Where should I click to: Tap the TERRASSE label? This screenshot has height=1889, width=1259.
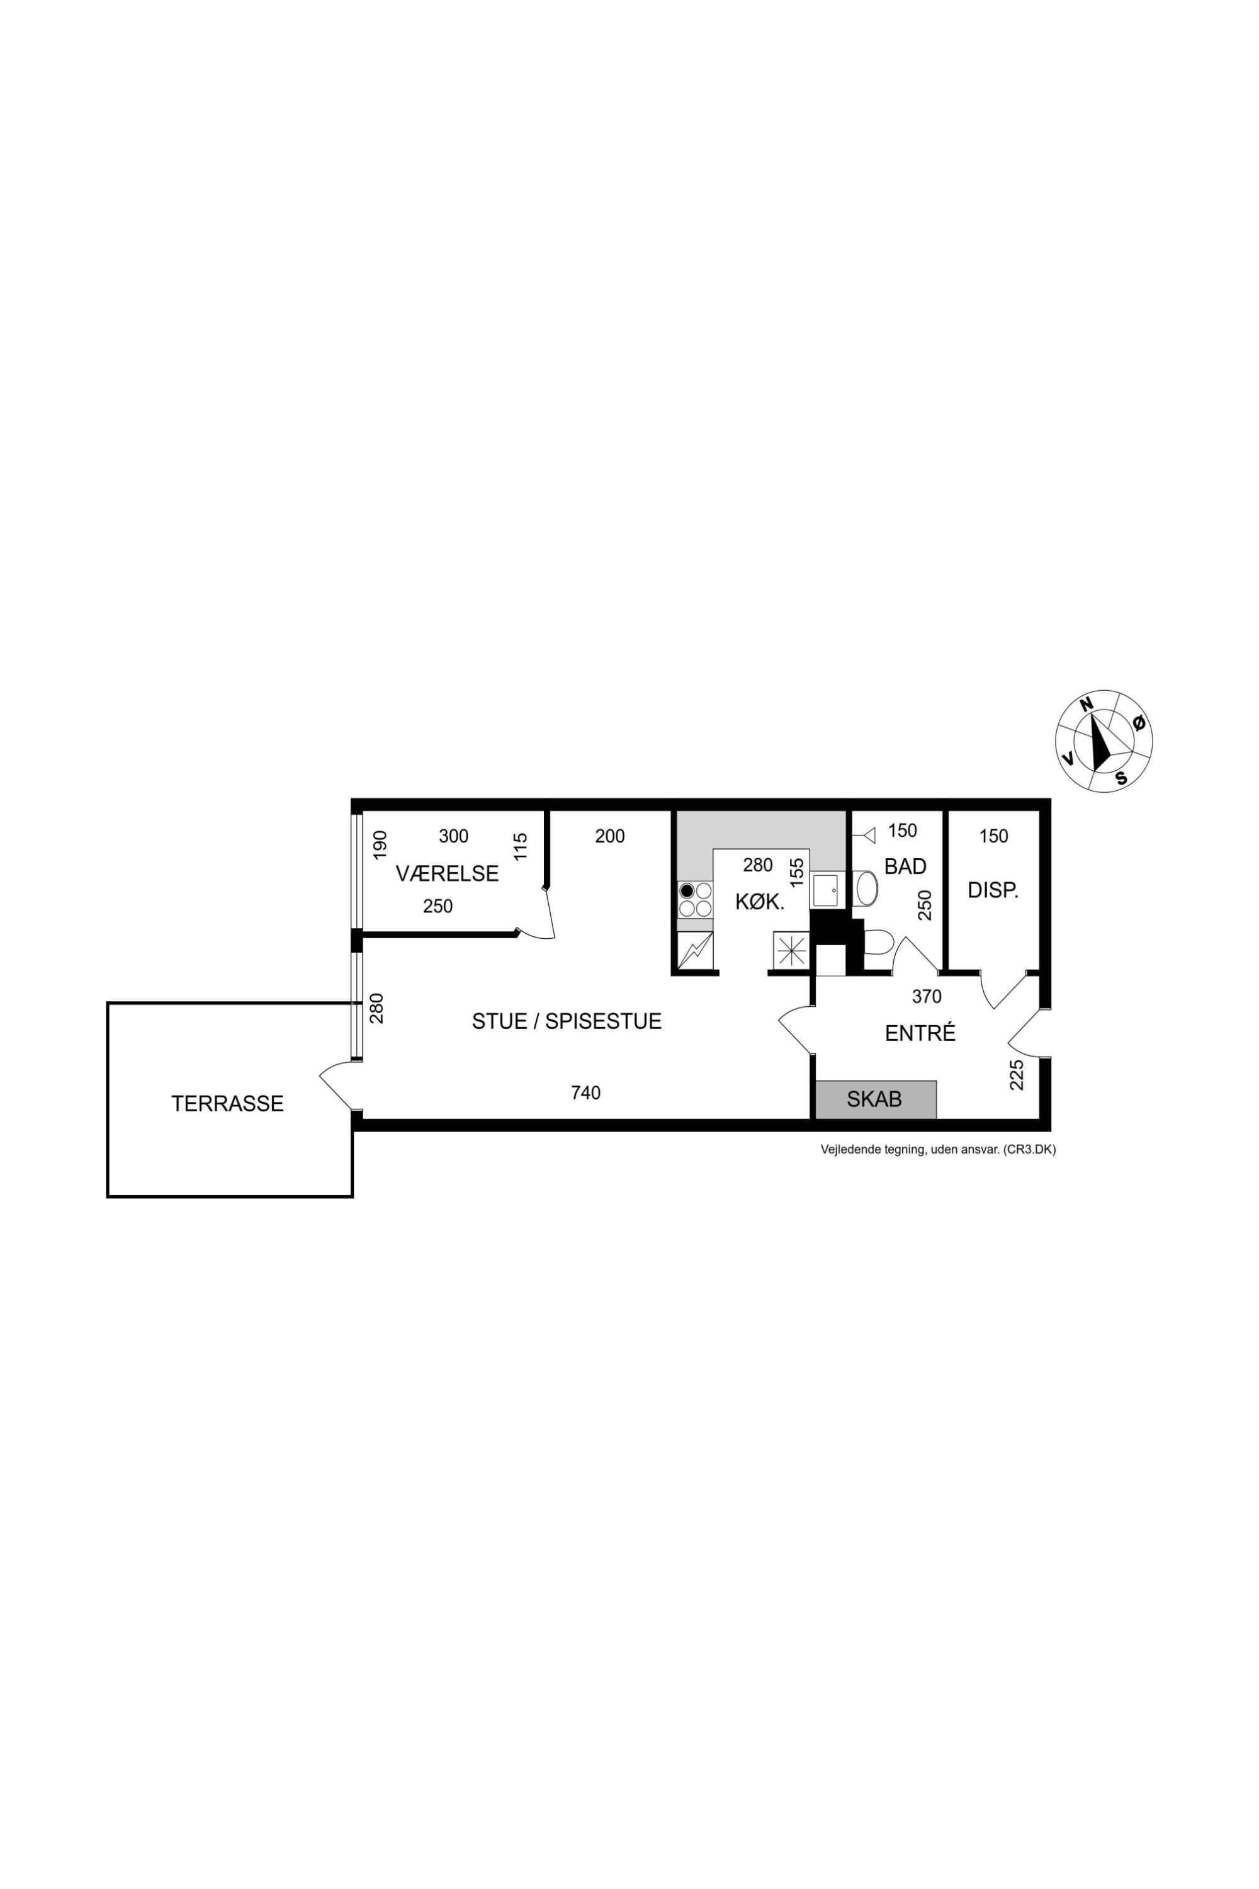pyautogui.click(x=227, y=1104)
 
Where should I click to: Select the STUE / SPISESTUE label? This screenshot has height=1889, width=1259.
pyautogui.click(x=567, y=1021)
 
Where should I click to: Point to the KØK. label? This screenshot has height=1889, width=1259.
pyautogui.click(x=760, y=902)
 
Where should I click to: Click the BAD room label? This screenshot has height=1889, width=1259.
pyautogui.click(x=905, y=866)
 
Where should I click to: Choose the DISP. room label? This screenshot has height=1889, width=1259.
pyautogui.click(x=993, y=890)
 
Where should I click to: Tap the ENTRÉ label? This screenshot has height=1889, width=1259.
pyautogui.click(x=920, y=1033)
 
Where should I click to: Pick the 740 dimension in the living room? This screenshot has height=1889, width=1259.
pyautogui.click(x=586, y=1092)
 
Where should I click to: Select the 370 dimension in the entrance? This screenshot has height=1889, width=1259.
pyautogui.click(x=927, y=997)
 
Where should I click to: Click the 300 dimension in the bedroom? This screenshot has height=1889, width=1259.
pyautogui.click(x=454, y=836)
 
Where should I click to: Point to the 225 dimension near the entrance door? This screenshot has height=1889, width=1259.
pyautogui.click(x=1017, y=1075)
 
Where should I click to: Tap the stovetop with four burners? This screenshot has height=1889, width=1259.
pyautogui.click(x=696, y=900)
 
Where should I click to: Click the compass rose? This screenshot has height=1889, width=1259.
pyautogui.click(x=1104, y=740)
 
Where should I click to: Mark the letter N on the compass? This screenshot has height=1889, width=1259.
pyautogui.click(x=1087, y=705)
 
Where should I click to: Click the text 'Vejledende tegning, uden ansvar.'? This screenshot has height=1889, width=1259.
pyautogui.click(x=910, y=1149)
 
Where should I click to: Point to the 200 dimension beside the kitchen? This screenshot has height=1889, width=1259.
pyautogui.click(x=610, y=836)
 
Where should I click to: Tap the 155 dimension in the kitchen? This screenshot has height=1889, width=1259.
pyautogui.click(x=796, y=872)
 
